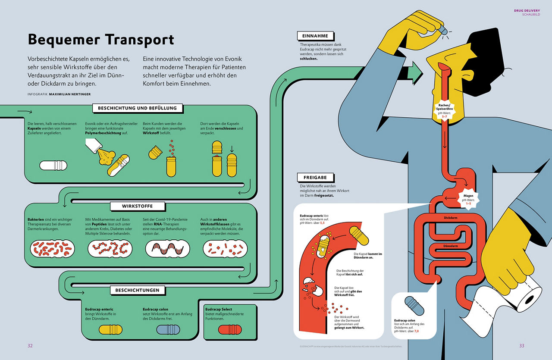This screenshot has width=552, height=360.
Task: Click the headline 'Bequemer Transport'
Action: click(101, 40)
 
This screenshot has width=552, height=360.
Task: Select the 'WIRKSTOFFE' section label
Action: click(137, 206)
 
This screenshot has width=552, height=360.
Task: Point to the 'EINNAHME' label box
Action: click(316, 36)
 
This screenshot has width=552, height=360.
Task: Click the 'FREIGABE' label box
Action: click(315, 177)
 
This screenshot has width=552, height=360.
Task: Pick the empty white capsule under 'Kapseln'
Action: click(54, 165)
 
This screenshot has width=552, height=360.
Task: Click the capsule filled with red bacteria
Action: click(52, 249)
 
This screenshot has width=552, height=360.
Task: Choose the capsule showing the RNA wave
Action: click(168, 249)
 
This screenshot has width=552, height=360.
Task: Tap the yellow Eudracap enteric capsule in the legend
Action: click(111, 330)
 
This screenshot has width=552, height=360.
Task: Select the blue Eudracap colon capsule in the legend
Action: click(168, 330)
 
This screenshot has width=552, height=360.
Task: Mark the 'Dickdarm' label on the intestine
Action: click(450, 218)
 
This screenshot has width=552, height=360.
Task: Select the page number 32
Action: click(30, 345)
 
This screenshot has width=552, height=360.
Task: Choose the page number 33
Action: click(521, 345)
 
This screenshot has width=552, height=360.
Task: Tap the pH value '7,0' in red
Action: click(417, 331)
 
